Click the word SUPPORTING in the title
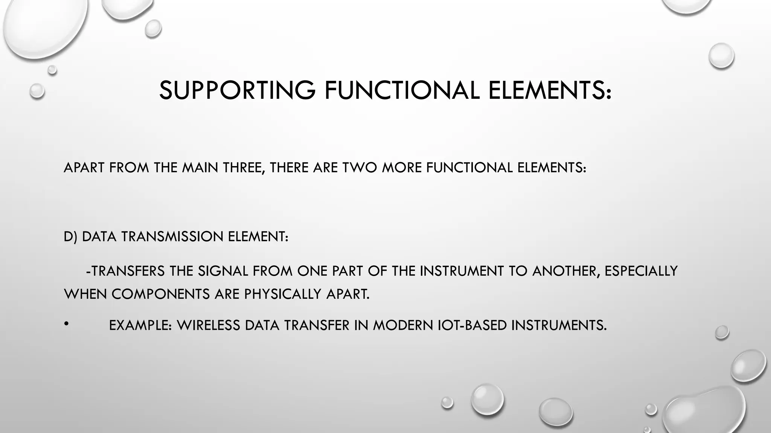(x=237, y=91)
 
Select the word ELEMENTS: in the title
(x=550, y=91)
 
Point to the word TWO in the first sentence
(x=360, y=168)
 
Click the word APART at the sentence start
(x=84, y=168)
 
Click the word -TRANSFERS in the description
(x=125, y=271)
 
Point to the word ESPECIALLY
(x=641, y=271)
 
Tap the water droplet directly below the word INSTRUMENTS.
(x=556, y=412)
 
